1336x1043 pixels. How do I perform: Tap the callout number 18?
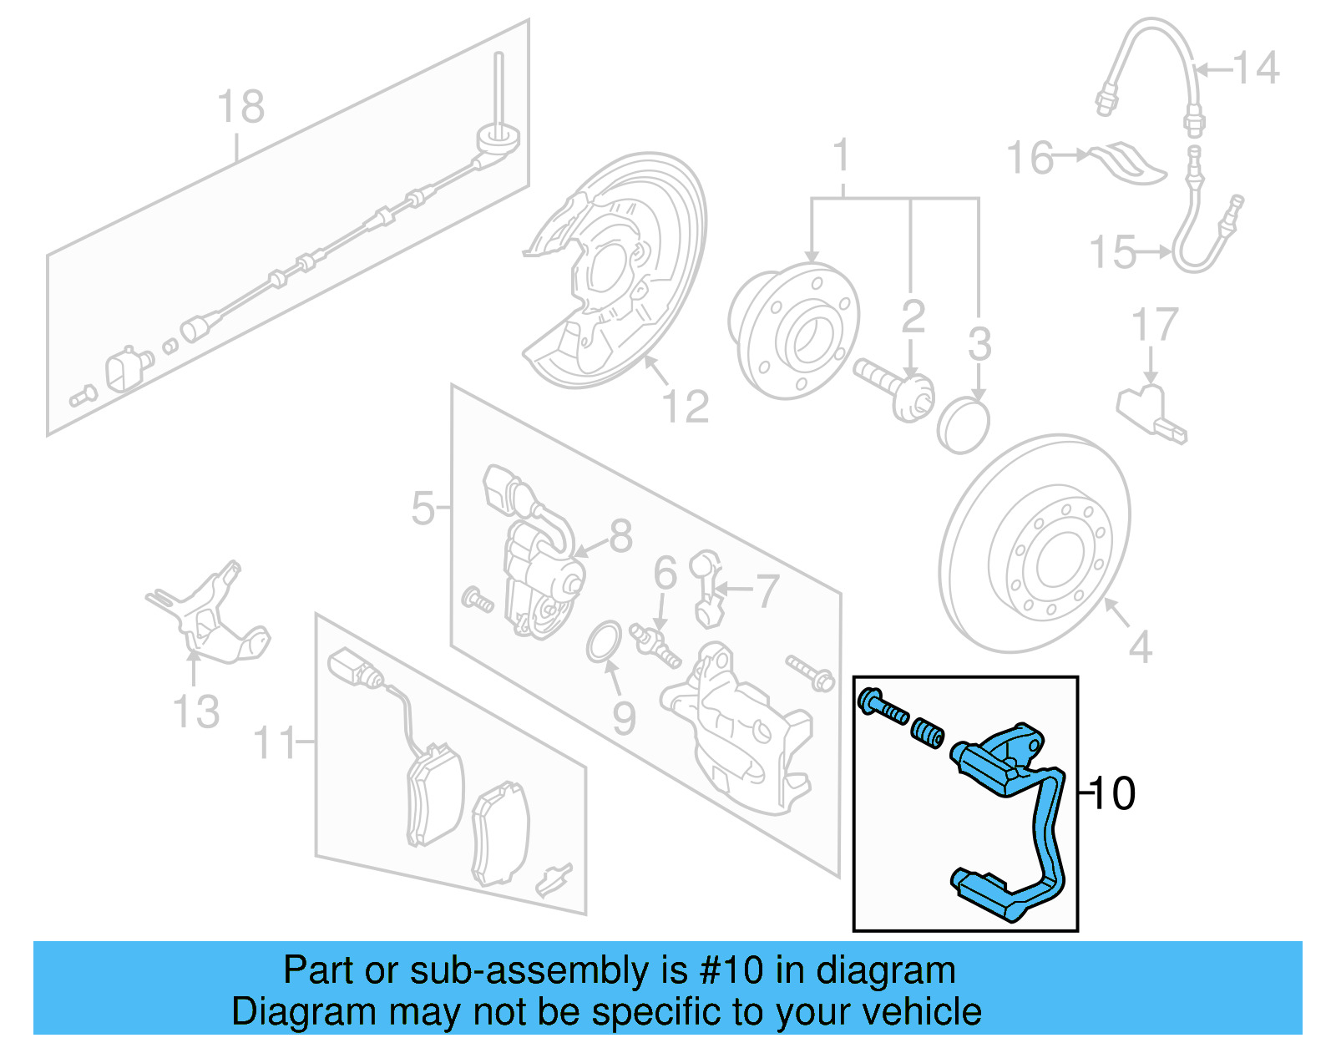(x=240, y=107)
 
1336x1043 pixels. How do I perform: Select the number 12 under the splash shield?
(x=685, y=407)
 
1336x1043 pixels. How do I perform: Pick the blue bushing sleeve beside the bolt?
(x=927, y=734)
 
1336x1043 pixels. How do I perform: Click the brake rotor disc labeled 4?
(x=1035, y=543)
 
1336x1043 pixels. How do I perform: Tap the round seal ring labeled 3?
(x=963, y=425)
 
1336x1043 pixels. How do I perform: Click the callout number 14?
(x=1256, y=68)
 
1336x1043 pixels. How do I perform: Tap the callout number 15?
(x=1113, y=252)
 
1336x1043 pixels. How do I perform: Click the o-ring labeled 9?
(x=603, y=641)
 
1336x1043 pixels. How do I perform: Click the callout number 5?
(x=423, y=508)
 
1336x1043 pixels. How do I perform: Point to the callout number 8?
(x=620, y=536)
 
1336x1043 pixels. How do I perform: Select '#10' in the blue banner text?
(x=731, y=970)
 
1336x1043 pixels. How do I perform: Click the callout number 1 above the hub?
(x=842, y=156)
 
